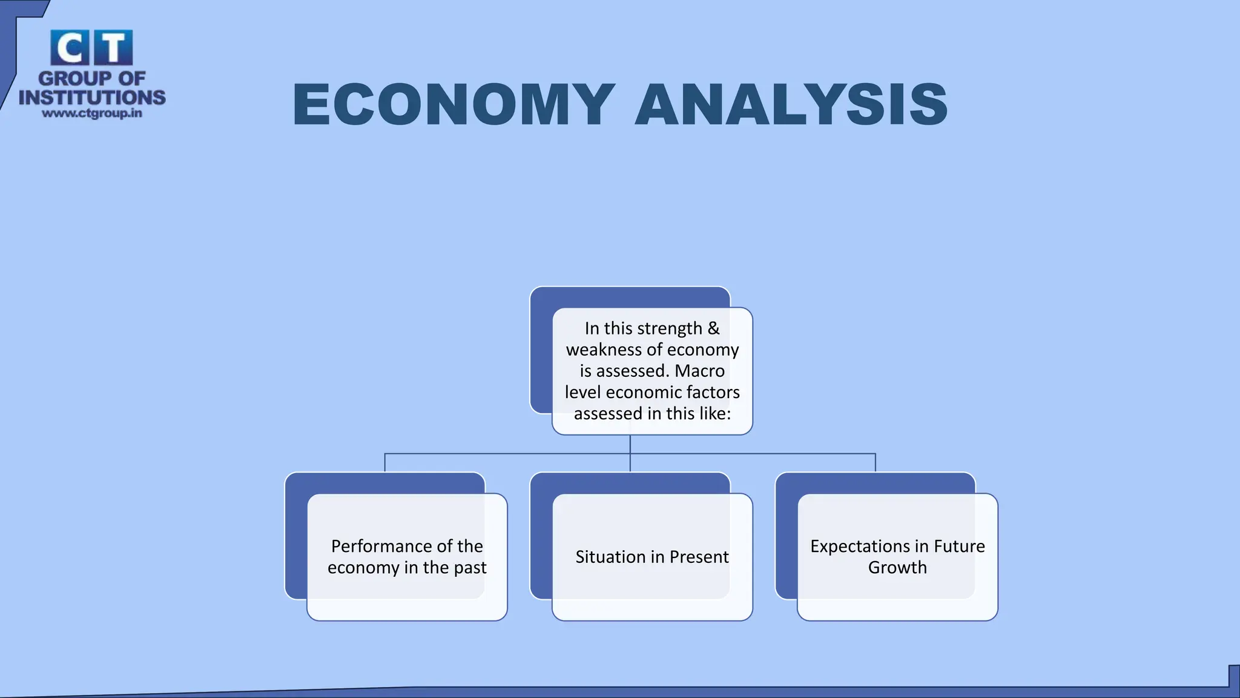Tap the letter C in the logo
(x=70, y=48)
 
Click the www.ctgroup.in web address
(x=92, y=113)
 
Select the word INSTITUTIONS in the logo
(x=92, y=97)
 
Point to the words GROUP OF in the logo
(x=92, y=78)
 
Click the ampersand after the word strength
(x=713, y=328)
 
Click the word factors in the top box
(x=716, y=392)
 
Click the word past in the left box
(x=470, y=568)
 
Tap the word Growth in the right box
(x=897, y=568)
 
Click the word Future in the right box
(x=959, y=547)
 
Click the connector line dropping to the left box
(x=385, y=463)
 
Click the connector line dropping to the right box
(x=876, y=463)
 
